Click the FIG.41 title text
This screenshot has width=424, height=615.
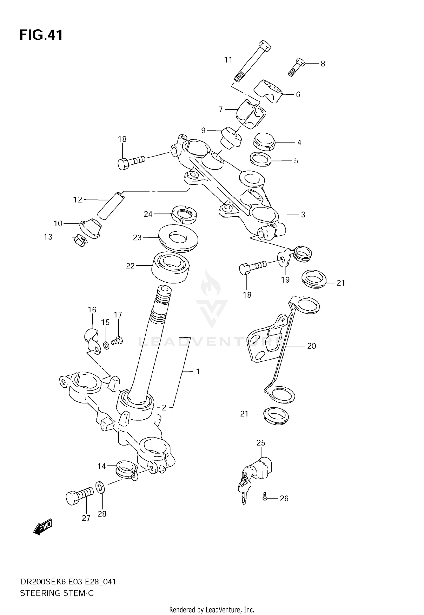click(x=41, y=35)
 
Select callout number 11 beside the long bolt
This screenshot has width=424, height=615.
click(x=228, y=60)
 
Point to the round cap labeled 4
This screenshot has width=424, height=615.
click(x=265, y=141)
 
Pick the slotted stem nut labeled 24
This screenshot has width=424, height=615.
click(x=184, y=214)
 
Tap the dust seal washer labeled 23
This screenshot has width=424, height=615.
click(x=178, y=238)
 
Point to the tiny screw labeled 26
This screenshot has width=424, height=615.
click(x=265, y=498)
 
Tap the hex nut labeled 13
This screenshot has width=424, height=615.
click(x=81, y=241)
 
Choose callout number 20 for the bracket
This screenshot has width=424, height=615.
click(x=311, y=346)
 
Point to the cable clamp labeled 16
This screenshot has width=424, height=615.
click(x=93, y=340)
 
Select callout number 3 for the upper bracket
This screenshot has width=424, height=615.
click(x=303, y=215)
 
